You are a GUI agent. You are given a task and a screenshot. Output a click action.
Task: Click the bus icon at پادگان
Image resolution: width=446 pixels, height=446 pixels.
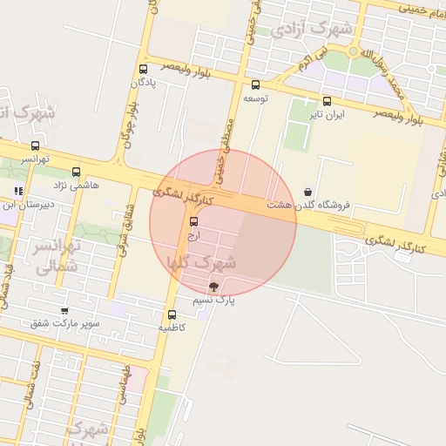coord(143,69)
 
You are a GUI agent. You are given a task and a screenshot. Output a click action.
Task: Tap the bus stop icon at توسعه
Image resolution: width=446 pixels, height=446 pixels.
coord(255,85)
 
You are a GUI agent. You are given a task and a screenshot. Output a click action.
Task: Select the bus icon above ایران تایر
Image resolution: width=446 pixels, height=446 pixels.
coord(327,101)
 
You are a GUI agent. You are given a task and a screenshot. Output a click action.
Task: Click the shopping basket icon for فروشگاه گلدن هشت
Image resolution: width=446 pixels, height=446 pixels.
coord(307,192)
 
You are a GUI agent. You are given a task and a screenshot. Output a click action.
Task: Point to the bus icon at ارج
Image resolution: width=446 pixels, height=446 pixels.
coord(193,222)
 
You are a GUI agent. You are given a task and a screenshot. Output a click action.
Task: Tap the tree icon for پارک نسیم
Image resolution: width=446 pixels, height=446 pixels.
coord(213,287)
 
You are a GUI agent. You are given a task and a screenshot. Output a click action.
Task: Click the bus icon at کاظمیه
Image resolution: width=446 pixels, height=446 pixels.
coord(172,314)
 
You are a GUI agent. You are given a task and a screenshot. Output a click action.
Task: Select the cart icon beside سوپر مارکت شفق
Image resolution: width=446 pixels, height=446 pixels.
coord(64,310)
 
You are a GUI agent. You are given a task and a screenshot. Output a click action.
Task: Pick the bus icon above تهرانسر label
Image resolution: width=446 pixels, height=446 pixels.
coord(35,145)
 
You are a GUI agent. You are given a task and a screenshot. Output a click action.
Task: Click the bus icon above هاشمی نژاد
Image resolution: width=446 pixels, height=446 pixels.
coord(77,172)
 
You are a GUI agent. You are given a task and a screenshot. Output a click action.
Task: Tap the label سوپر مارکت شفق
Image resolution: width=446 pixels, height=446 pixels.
coord(65,323)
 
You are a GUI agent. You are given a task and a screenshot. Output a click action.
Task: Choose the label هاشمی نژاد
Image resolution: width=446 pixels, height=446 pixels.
coord(77,185)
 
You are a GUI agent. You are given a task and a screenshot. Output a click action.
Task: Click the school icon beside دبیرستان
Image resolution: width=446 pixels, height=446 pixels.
coord(18,191)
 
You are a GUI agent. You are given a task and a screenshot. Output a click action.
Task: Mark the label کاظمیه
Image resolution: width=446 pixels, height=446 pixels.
coord(172,328)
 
